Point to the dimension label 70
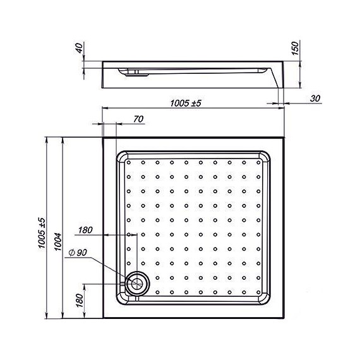pyautogui.click(x=139, y=119)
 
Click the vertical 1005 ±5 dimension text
pyautogui.click(x=42, y=231)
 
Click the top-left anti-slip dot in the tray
pyautogui.click(x=129, y=162)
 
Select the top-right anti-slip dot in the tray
pyautogui.click(x=258, y=162)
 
